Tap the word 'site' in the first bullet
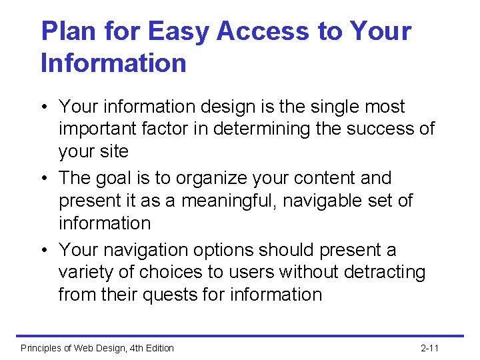[x=113, y=151]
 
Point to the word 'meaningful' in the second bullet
[x=219, y=201]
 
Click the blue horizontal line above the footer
[x=240, y=336]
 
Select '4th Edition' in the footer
[x=149, y=348]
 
